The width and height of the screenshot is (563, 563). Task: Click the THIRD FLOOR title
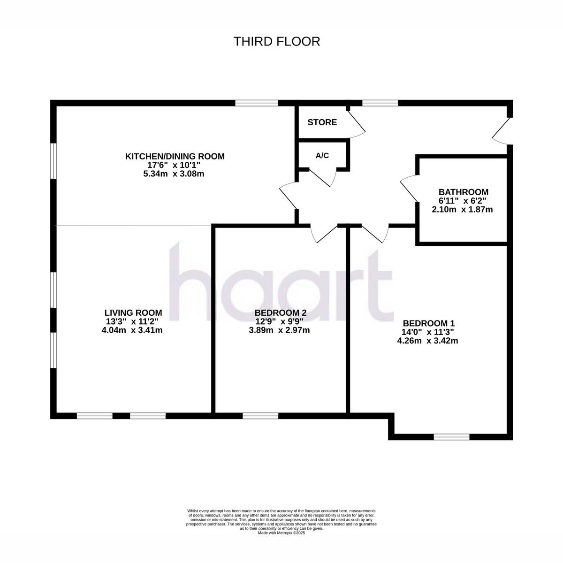[x=277, y=41]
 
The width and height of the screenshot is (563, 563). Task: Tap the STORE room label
[x=322, y=122]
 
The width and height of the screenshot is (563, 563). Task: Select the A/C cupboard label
[x=322, y=155]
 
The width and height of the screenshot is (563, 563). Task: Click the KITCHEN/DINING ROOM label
[x=175, y=156]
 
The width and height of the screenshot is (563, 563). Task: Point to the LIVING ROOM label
[x=133, y=312]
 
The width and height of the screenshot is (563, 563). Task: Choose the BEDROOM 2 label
[x=280, y=312]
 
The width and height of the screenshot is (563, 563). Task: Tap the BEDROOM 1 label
[x=429, y=323]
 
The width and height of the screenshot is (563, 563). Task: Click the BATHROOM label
[x=464, y=192]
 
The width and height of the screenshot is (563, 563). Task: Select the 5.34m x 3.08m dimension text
[x=174, y=174]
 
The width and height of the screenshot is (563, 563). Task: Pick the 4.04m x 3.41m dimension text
[x=132, y=330]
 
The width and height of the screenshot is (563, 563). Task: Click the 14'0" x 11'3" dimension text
[x=427, y=332]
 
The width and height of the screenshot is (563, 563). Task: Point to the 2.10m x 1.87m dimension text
[x=462, y=209]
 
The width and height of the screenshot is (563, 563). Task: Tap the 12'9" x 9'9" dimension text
[x=279, y=321]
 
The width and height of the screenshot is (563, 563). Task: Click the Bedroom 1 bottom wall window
[x=451, y=437]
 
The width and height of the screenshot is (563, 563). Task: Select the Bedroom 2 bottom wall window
[x=260, y=416]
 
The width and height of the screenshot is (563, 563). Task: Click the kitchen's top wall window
[x=257, y=103]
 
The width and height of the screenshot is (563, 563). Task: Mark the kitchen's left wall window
[x=53, y=160]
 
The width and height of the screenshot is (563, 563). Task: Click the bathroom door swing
[x=409, y=189]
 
